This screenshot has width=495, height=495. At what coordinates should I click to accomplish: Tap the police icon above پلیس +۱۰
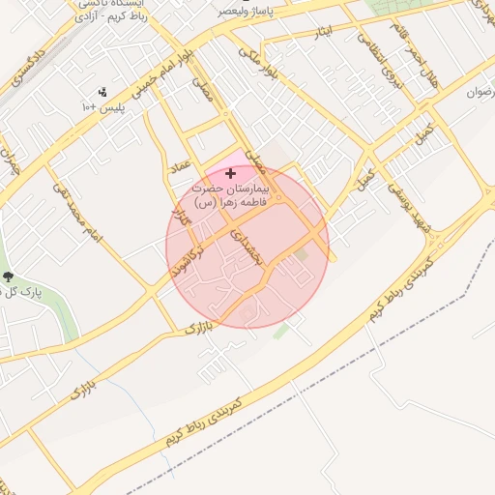(102, 92)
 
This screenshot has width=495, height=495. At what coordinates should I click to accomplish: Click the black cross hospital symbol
(229, 173)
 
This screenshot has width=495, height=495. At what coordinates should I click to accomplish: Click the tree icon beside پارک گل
(9, 277)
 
